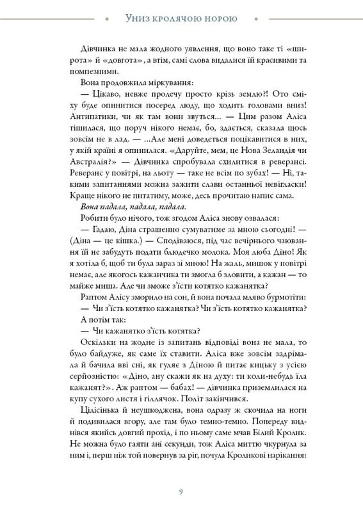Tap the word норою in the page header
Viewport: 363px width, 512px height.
click(219, 19)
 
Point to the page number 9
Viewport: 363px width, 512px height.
click(181, 492)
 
